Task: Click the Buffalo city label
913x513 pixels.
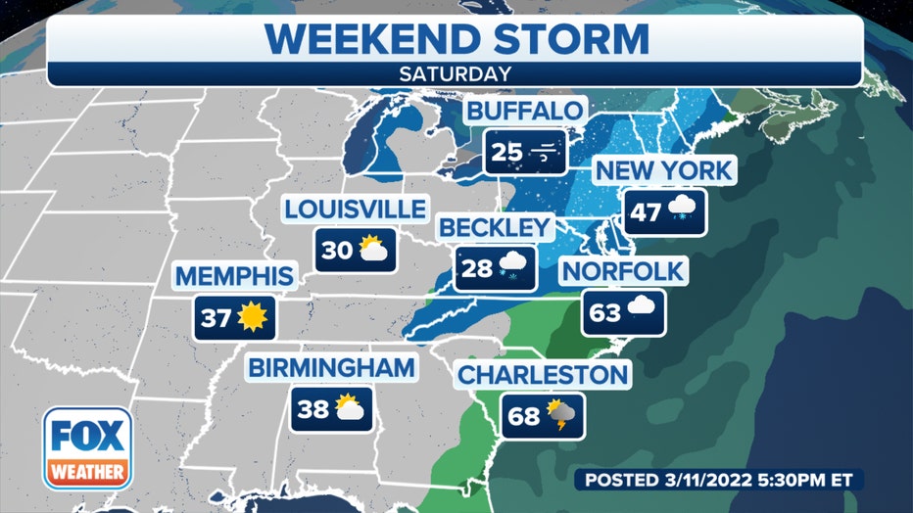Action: (525, 111)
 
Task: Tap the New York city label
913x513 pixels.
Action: (663, 169)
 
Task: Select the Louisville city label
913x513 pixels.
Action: (356, 209)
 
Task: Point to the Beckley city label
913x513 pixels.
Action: (496, 227)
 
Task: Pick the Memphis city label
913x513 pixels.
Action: (234, 276)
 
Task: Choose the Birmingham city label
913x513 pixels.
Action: (331, 368)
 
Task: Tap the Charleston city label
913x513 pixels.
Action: (543, 374)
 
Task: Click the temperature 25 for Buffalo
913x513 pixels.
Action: (507, 152)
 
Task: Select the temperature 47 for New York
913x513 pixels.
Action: (645, 211)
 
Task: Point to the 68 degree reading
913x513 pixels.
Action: (524, 416)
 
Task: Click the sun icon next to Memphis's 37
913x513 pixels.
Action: (253, 316)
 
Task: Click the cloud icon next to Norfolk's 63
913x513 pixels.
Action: (643, 312)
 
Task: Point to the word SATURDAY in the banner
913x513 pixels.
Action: (456, 73)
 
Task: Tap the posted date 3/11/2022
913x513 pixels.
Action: (710, 480)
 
